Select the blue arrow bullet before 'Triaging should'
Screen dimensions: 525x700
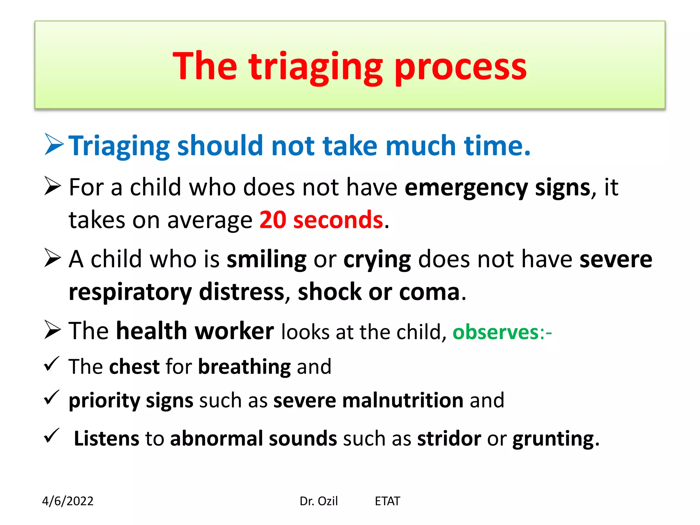(54, 145)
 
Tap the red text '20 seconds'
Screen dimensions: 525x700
(321, 220)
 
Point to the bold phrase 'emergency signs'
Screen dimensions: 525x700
(498, 188)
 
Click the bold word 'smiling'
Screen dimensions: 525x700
(267, 259)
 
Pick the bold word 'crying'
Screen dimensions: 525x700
(377, 259)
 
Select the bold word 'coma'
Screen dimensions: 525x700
(429, 292)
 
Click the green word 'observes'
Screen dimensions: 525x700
(496, 332)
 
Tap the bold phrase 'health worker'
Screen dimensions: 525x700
(195, 331)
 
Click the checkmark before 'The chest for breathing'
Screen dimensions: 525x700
(52, 364)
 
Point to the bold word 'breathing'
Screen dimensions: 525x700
(244, 367)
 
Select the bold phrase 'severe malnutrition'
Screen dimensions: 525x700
(368, 400)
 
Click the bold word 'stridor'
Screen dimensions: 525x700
(449, 439)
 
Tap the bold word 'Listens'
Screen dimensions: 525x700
(107, 439)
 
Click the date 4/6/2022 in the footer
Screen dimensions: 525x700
(68, 501)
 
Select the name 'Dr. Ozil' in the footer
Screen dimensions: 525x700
(319, 501)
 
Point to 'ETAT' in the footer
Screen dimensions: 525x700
(387, 501)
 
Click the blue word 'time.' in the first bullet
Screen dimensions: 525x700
(497, 146)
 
